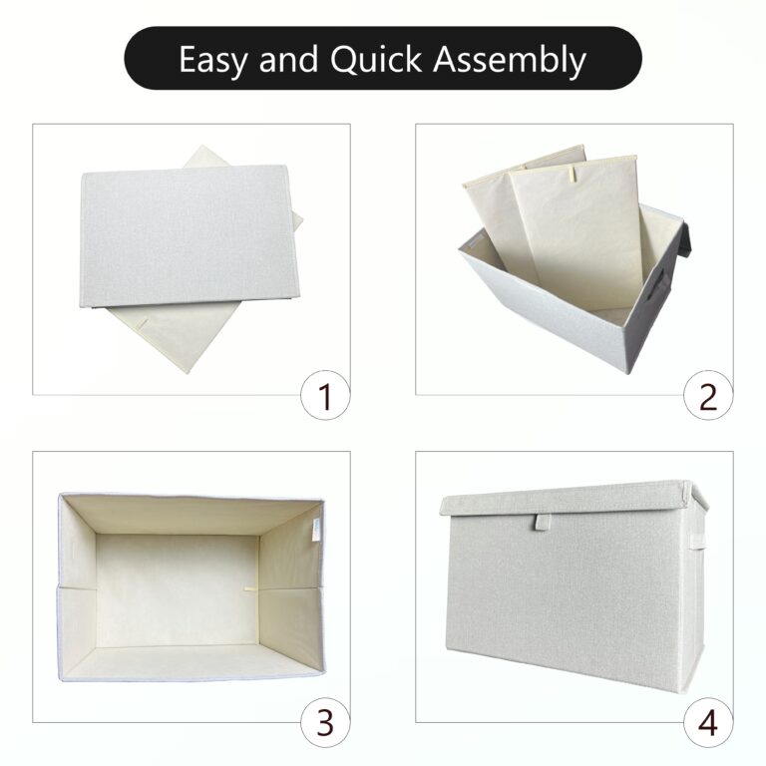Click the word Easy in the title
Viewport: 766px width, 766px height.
214,60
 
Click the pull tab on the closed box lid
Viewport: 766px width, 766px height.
541,523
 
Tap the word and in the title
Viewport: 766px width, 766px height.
289,60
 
